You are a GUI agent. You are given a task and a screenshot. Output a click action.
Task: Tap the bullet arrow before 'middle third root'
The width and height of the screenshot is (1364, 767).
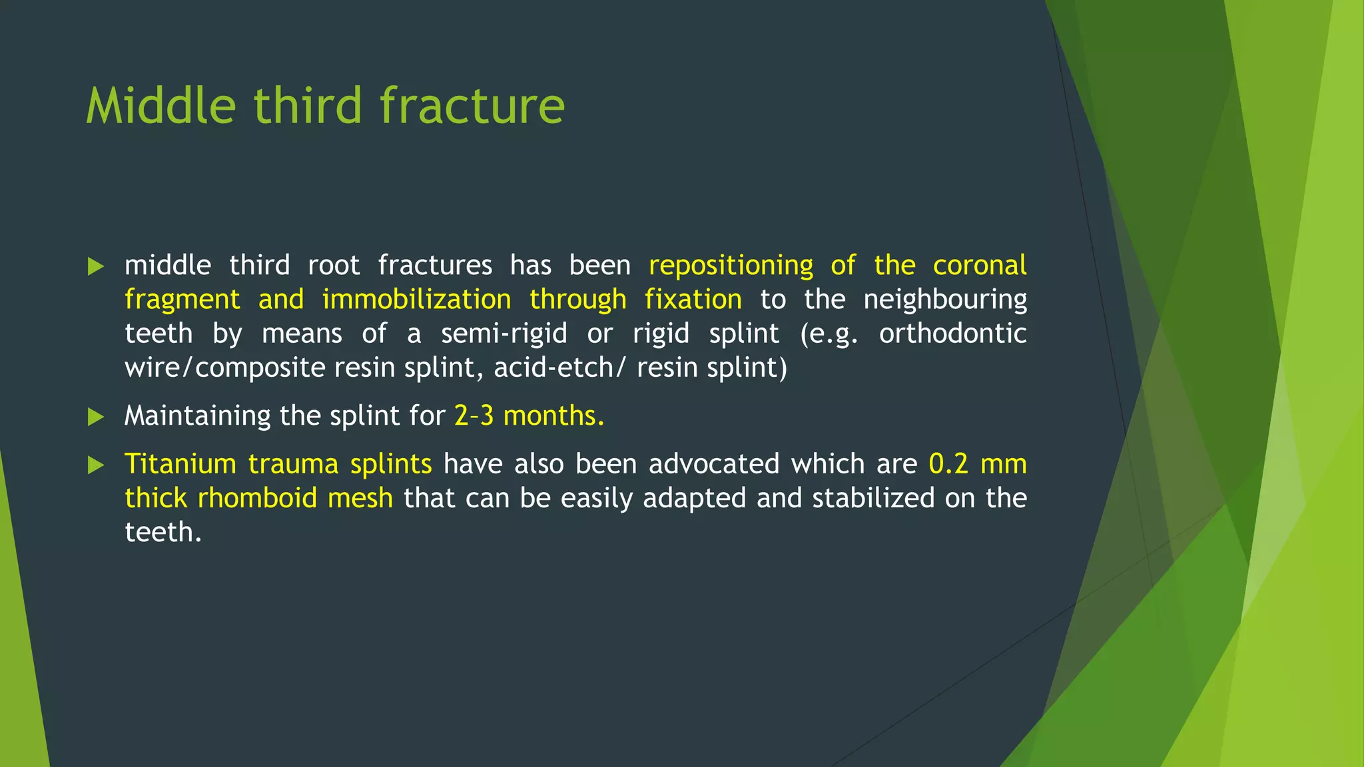click(96, 267)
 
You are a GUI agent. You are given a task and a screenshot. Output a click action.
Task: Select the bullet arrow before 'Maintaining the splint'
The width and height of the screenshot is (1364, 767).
click(96, 417)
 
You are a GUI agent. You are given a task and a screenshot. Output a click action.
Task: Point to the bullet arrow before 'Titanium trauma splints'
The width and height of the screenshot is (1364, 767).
click(96, 465)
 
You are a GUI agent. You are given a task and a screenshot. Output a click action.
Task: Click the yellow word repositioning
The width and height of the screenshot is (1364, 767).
click(731, 266)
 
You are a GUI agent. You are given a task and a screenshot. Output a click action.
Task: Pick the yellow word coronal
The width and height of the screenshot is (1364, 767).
click(979, 265)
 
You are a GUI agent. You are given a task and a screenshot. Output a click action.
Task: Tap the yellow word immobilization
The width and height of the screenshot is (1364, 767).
click(416, 300)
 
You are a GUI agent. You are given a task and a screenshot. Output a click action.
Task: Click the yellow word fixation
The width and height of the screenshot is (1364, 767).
click(693, 300)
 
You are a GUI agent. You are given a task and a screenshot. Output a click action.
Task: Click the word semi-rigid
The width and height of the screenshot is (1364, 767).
click(504, 334)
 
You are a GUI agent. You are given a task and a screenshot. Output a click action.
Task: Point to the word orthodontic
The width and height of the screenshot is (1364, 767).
click(952, 334)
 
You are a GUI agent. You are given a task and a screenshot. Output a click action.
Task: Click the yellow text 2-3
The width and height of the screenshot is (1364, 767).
click(474, 416)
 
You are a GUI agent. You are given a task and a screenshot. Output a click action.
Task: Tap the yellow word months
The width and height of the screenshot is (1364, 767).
click(553, 416)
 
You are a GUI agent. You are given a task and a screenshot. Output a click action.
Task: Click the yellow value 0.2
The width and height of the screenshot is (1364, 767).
click(948, 464)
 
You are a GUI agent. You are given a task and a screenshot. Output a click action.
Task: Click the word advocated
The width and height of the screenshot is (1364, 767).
click(713, 464)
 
